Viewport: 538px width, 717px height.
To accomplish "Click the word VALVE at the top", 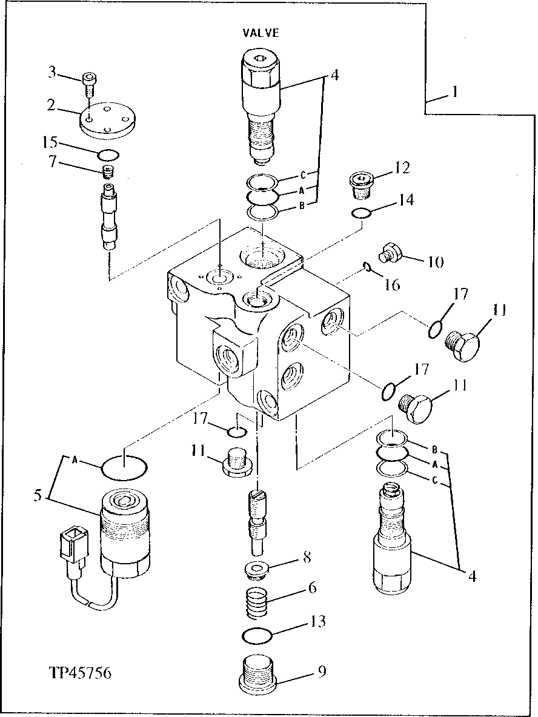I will point(261,33).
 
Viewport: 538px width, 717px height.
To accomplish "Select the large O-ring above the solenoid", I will point(124,467).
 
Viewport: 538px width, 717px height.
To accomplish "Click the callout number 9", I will point(321,671).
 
